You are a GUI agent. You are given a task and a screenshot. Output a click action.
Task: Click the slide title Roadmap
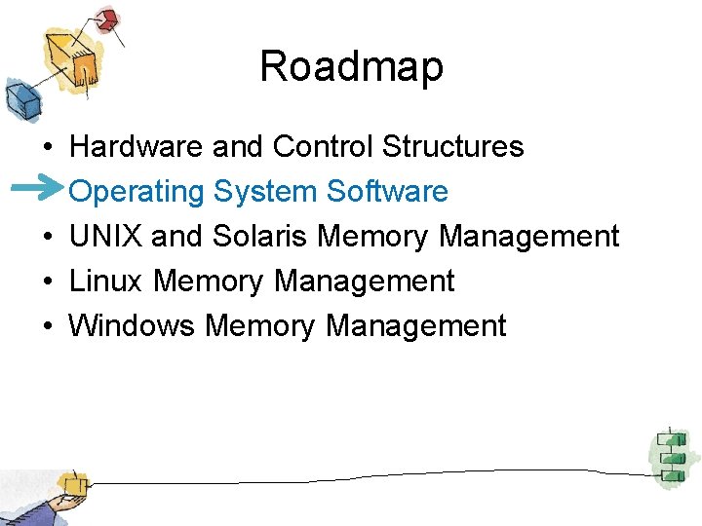coord(351,66)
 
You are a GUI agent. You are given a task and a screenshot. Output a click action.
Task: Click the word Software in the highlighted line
coord(387,192)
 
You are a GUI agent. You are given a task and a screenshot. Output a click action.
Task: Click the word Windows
coord(133,326)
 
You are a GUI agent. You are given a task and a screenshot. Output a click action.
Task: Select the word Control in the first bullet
coord(324,147)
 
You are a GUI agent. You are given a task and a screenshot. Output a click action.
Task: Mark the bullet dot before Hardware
coord(47,148)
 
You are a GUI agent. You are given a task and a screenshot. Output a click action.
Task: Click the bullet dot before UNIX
coord(47,238)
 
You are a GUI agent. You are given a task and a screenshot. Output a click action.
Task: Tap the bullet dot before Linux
coord(47,282)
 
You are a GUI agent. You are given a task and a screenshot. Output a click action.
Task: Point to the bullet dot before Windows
coord(47,327)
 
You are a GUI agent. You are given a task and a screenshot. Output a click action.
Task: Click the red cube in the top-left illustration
coord(106,19)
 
